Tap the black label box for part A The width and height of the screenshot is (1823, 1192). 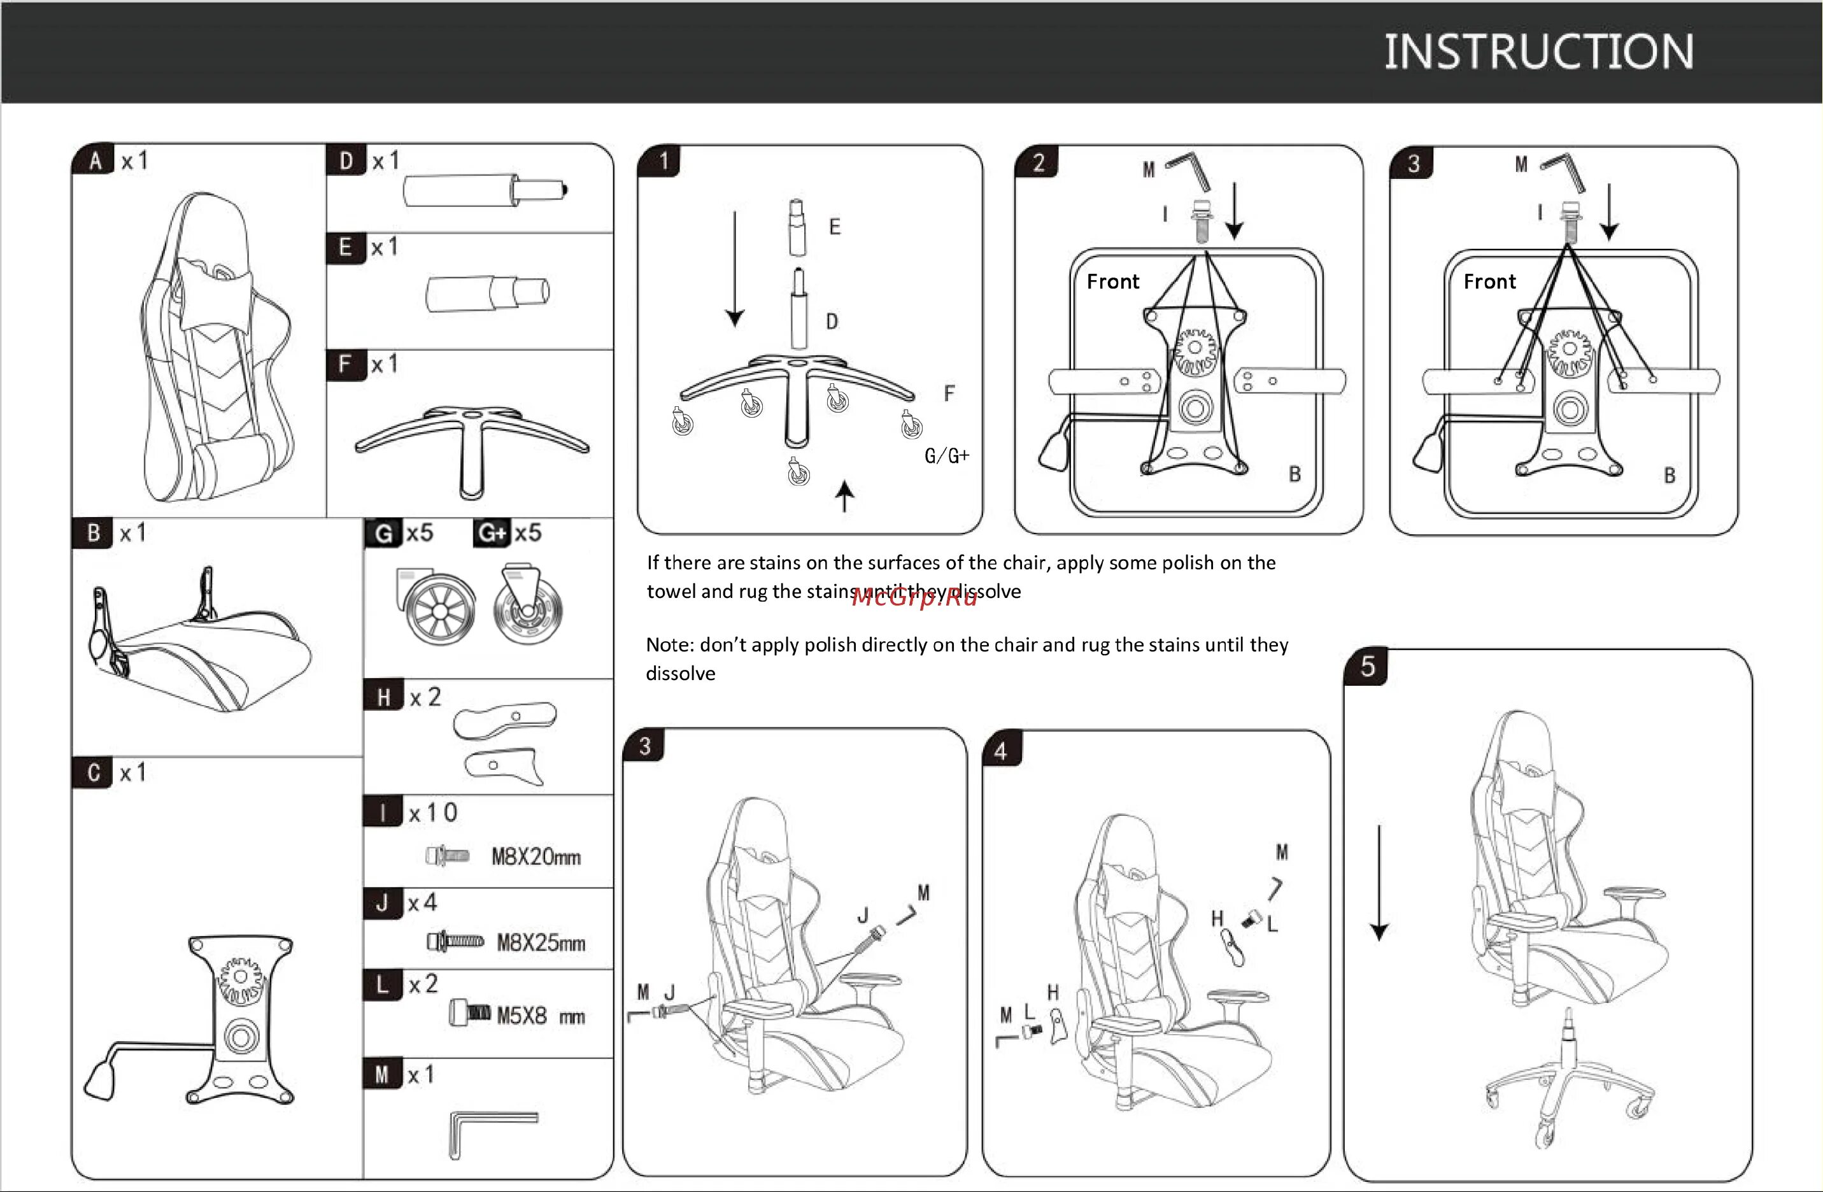(x=94, y=161)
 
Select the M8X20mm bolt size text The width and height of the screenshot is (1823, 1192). (x=536, y=856)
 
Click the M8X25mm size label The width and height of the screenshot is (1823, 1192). (x=540, y=942)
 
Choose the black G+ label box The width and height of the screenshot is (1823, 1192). (x=492, y=533)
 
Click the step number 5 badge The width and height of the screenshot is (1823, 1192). (x=1367, y=667)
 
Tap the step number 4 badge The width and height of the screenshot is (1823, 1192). (x=1000, y=751)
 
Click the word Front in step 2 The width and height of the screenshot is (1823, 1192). (x=1112, y=282)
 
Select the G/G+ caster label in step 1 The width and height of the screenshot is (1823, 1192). (x=947, y=457)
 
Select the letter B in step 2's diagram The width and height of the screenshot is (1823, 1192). (x=1295, y=474)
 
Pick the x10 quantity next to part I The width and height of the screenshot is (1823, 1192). (x=433, y=812)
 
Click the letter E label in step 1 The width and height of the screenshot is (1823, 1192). (x=834, y=227)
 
